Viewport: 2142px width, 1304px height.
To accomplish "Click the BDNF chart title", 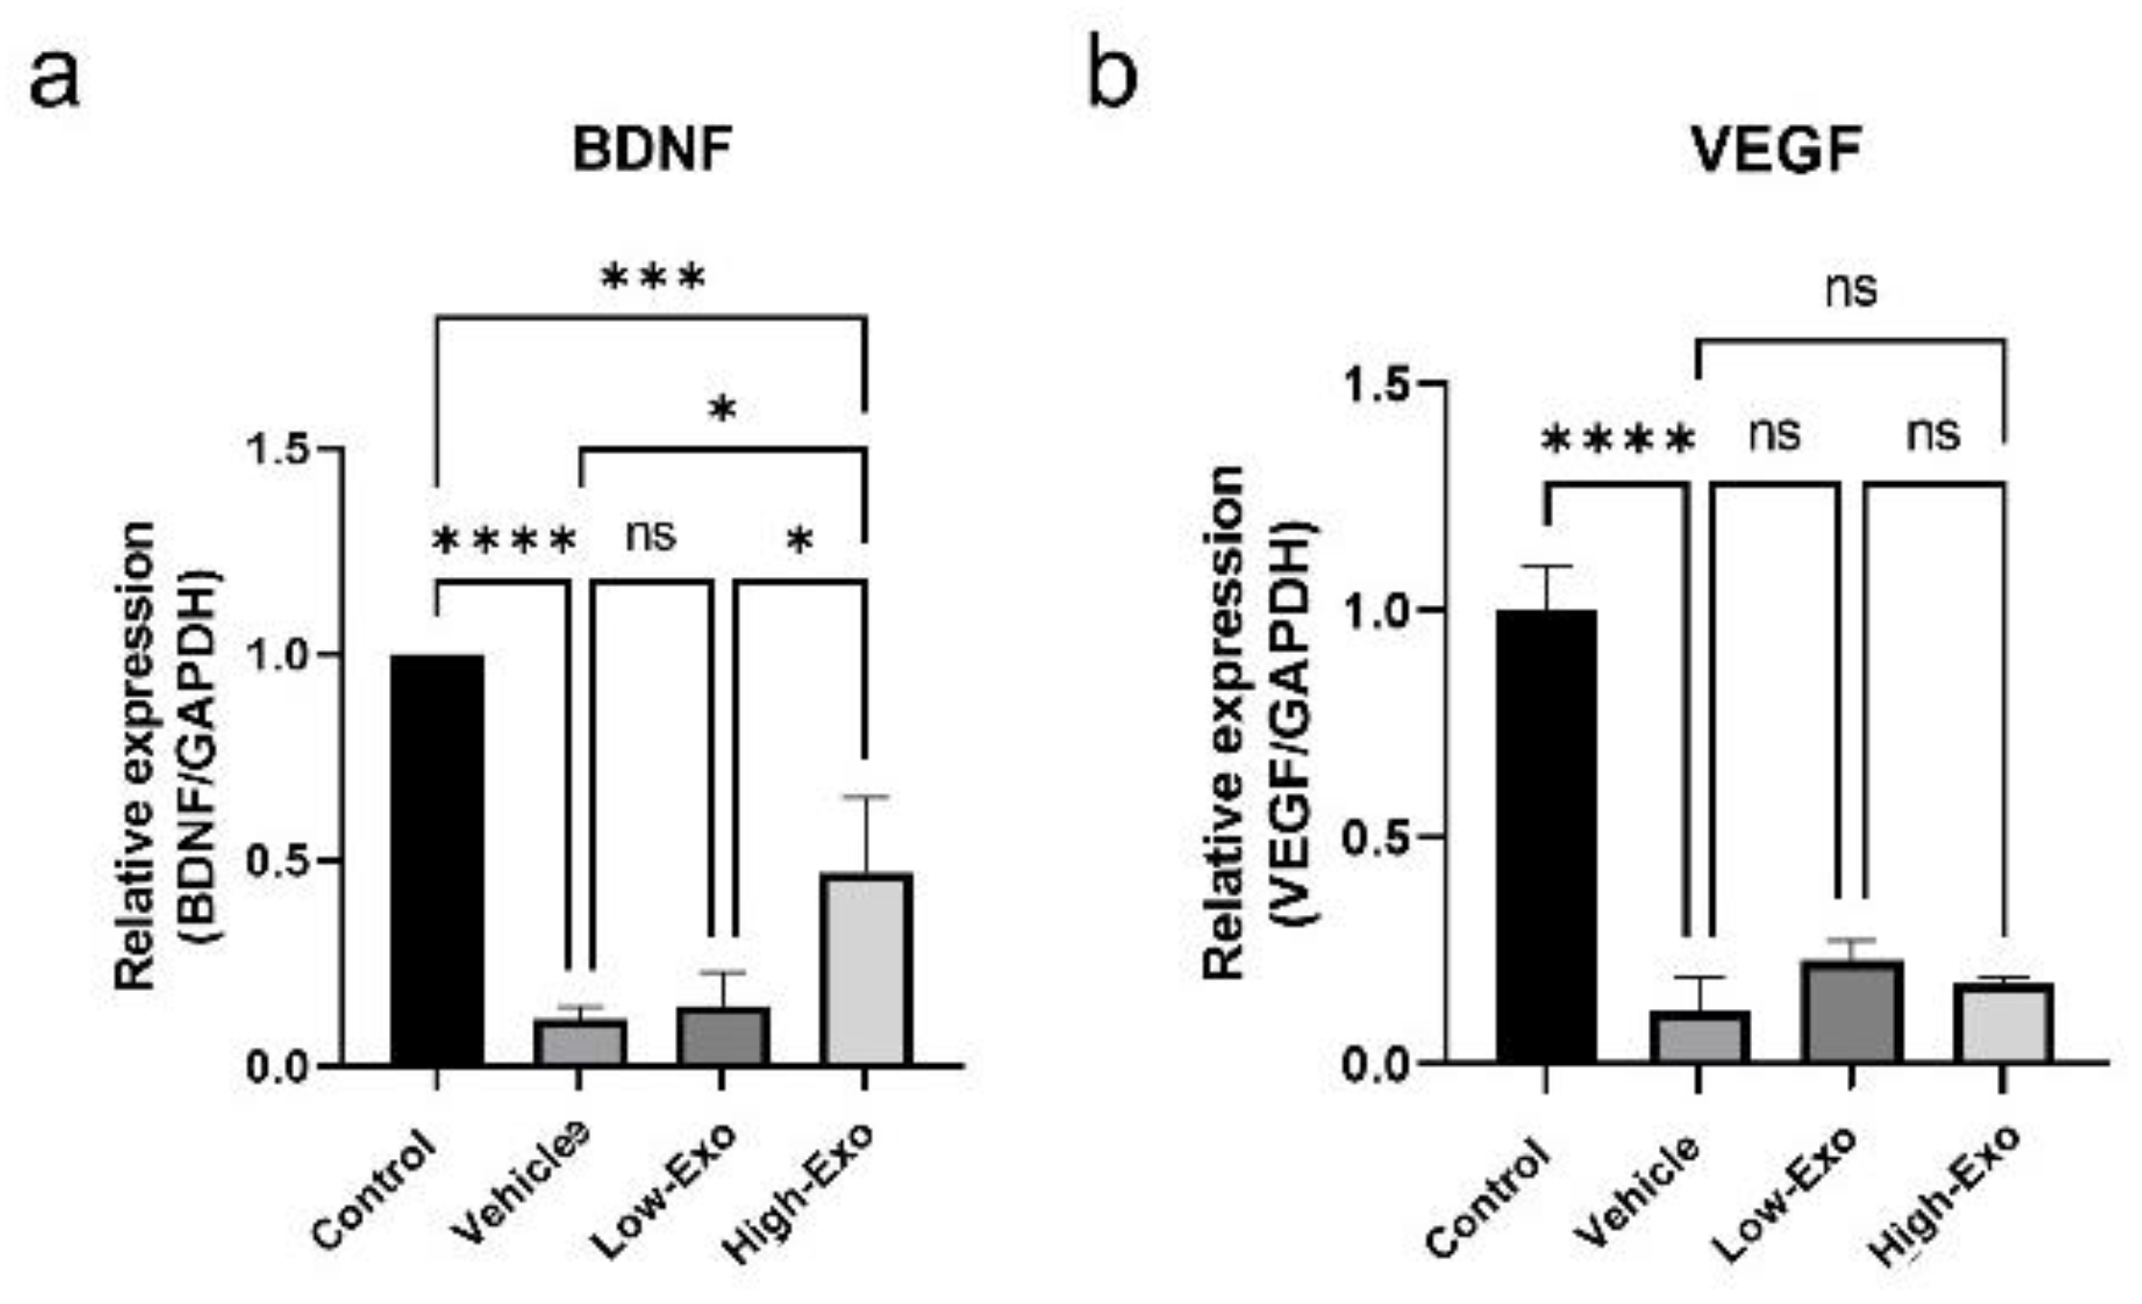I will click(652, 150).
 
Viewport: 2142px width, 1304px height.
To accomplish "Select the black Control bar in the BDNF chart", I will click(437, 859).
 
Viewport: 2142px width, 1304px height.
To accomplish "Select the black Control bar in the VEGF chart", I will click(1546, 835).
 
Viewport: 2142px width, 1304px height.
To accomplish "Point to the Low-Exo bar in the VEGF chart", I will click(1852, 1010).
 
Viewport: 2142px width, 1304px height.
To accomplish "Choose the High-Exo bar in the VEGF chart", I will click(2004, 1022).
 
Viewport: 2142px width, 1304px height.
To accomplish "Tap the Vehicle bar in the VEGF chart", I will click(1698, 1036).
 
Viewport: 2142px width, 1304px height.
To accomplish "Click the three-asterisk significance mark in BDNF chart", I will click(653, 279).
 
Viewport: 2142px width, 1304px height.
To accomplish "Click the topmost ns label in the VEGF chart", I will click(1851, 289).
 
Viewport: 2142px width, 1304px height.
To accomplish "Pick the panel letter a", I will click(55, 79).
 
